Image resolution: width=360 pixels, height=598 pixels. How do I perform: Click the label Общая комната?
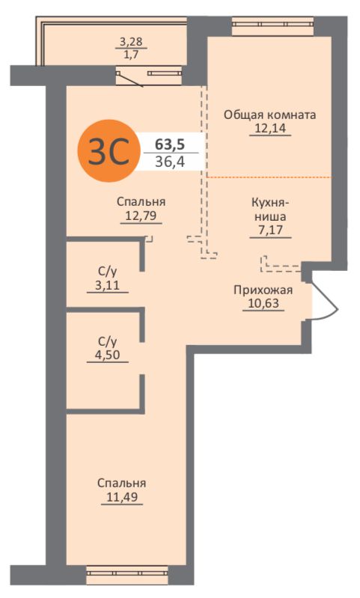click(270, 115)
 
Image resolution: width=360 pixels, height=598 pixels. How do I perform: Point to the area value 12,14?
click(270, 129)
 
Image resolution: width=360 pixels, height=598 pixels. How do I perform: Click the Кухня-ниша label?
click(270, 208)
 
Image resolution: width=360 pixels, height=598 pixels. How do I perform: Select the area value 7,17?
click(270, 230)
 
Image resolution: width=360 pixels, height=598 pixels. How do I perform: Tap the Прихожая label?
click(263, 290)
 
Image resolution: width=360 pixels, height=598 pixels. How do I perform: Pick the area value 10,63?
click(263, 304)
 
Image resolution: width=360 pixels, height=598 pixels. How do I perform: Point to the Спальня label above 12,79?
click(141, 202)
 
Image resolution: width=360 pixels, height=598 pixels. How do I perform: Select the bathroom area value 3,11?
click(107, 285)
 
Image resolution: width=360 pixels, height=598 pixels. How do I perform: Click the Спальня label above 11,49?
click(121, 483)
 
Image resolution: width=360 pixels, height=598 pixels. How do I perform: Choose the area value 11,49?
click(121, 496)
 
